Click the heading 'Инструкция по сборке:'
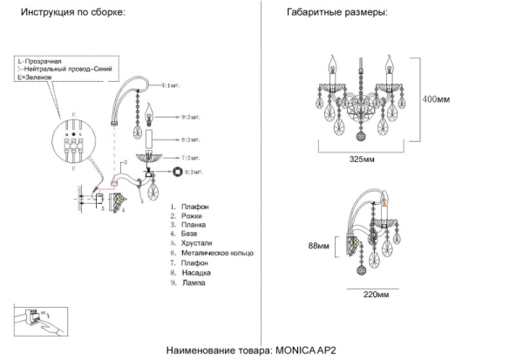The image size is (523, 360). point(73,14)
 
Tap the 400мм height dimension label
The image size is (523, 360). point(438,99)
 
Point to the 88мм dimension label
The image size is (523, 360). point(319,247)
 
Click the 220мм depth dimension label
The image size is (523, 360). point(375,294)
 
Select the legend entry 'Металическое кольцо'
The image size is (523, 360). point(216,254)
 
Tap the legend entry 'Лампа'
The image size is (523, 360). point(196,283)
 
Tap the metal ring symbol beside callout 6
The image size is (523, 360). point(180,173)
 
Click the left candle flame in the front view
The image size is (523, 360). point(330,62)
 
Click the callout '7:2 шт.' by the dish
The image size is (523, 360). point(191,158)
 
